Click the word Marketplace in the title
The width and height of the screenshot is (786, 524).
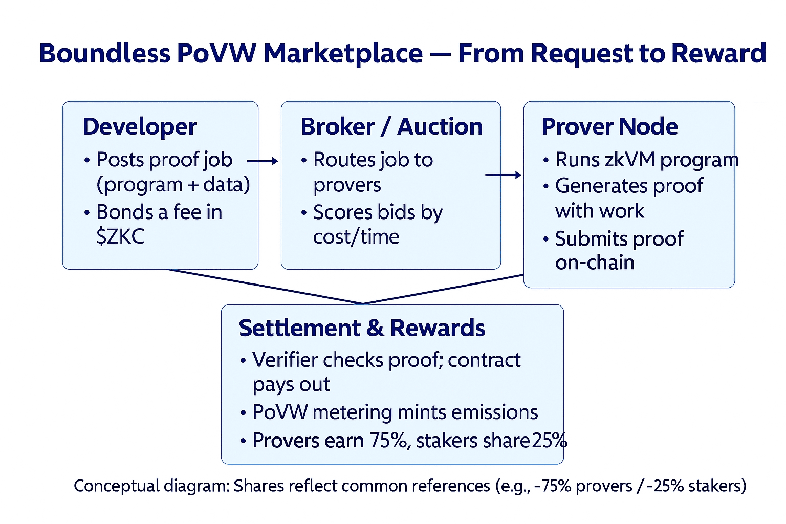(343, 54)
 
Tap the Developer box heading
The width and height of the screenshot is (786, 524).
(140, 127)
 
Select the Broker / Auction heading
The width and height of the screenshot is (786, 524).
(391, 127)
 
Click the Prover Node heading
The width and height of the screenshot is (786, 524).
(609, 127)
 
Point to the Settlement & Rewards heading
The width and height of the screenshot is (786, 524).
(362, 328)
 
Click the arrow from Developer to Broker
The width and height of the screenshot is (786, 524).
(262, 161)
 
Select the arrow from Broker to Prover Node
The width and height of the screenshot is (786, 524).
(503, 175)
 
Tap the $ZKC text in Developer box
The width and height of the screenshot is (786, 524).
(120, 236)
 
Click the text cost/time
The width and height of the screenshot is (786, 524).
(356, 236)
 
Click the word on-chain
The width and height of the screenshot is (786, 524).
(595, 263)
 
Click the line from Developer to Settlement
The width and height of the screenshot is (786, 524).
(264, 287)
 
